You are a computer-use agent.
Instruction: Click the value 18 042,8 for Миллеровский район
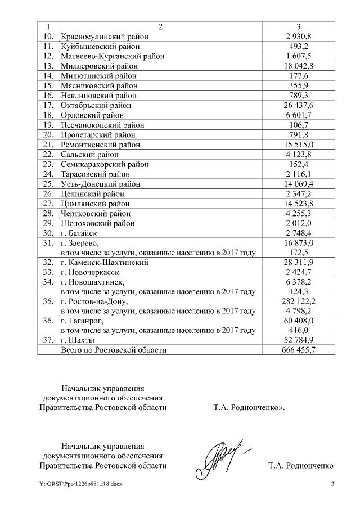point(299,66)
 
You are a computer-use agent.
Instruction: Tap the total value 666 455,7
point(299,350)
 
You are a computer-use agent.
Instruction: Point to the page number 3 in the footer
point(332,484)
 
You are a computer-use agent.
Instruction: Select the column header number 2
point(160,26)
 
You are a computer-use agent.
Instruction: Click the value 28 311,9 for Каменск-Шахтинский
point(299,262)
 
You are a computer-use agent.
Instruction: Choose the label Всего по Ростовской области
point(114,350)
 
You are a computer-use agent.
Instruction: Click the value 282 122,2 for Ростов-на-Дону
point(299,301)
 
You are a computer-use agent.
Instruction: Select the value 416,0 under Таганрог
point(299,331)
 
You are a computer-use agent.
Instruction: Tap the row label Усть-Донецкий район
point(100,184)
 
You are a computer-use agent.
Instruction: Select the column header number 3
point(299,26)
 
